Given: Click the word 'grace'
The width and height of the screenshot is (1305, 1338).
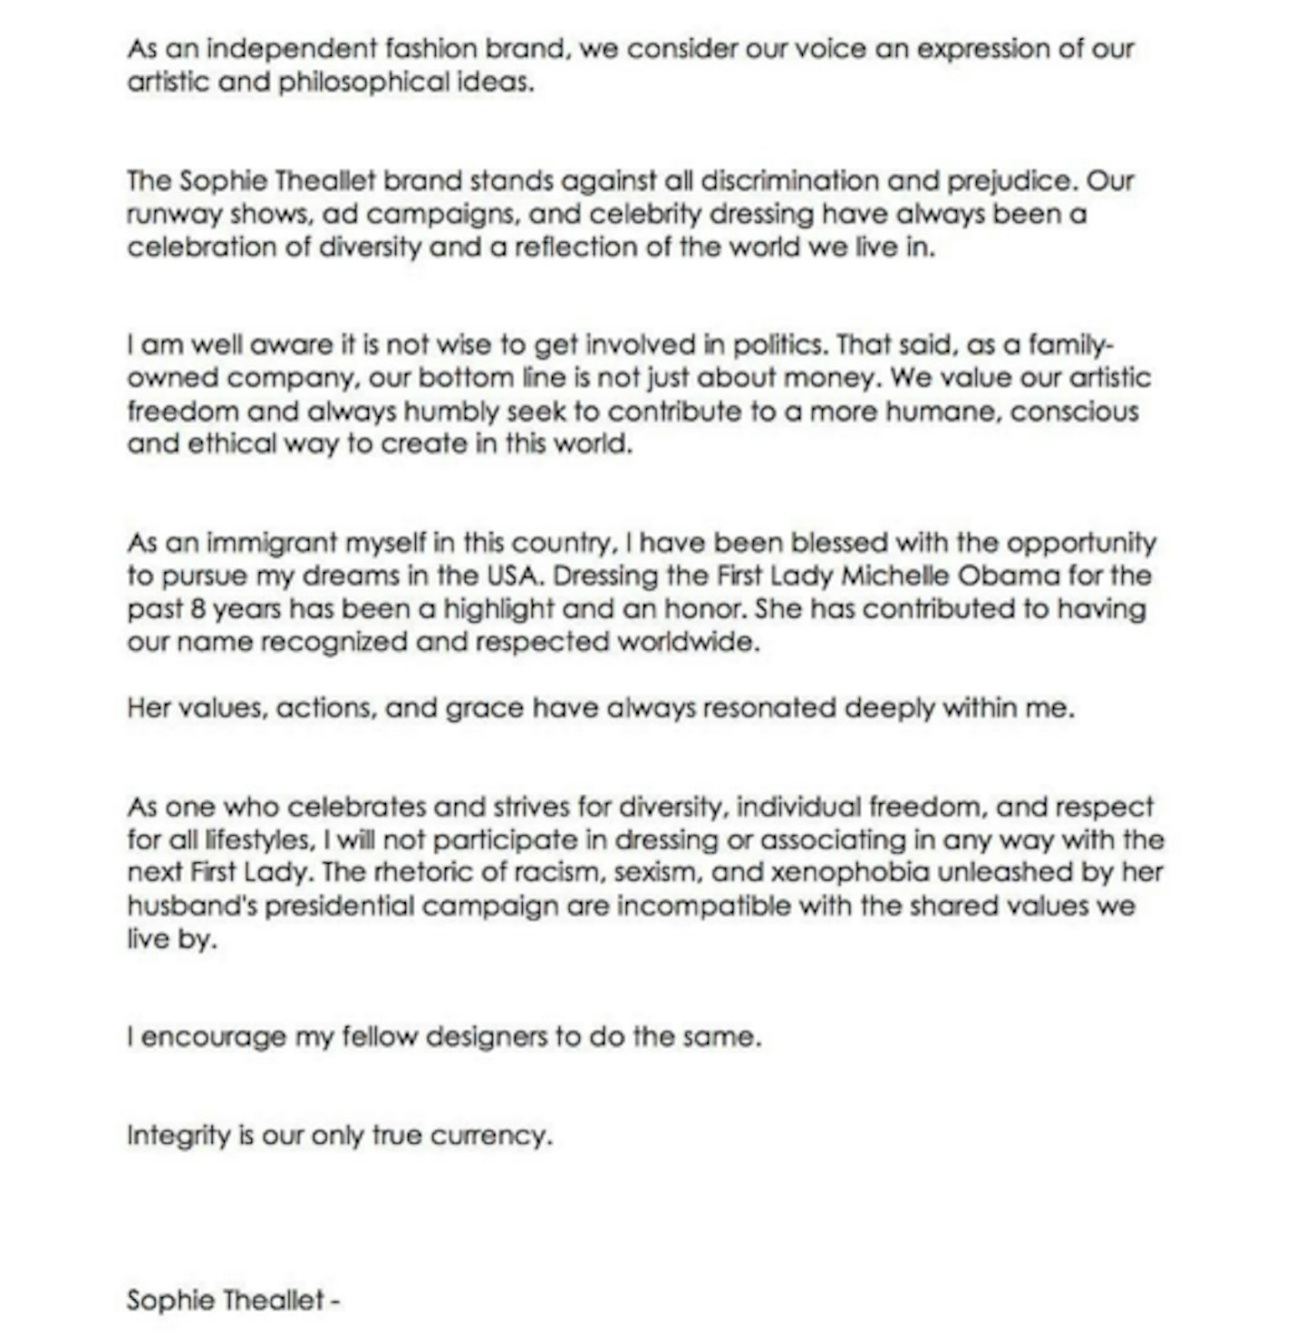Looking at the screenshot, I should pyautogui.click(x=484, y=708).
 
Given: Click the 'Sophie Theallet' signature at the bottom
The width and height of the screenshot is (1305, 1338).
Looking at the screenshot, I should pyautogui.click(x=226, y=1301).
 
